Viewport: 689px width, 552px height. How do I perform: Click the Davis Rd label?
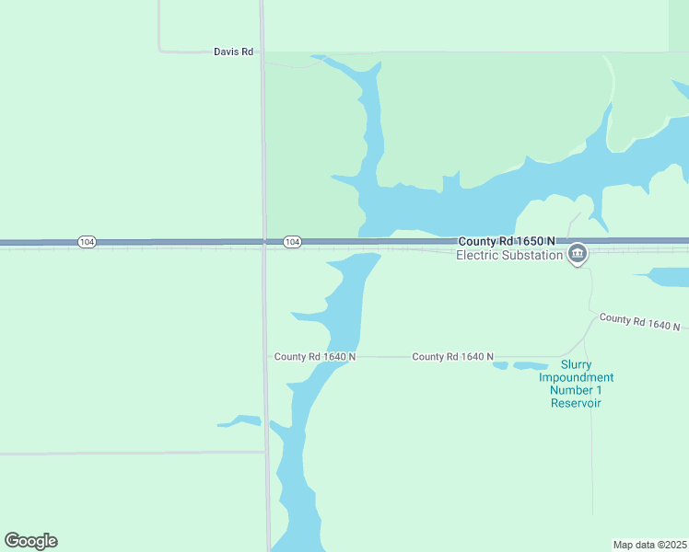233,52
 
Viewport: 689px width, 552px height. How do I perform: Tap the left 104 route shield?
87,242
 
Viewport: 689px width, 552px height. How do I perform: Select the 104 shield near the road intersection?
292,242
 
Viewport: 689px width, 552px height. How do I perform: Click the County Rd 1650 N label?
507,241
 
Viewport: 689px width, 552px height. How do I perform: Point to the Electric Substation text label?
509,255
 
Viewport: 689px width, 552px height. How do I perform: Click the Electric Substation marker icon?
578,253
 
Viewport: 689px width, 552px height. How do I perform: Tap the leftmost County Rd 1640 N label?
315,357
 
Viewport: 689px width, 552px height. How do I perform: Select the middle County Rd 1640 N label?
452,357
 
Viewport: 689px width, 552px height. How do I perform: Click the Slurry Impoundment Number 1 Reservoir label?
576,384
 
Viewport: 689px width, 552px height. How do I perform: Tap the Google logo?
30,541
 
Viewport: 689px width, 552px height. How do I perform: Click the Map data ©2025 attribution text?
649,545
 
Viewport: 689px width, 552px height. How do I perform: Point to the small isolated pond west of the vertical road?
240,422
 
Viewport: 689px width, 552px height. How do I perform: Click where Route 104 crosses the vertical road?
264,242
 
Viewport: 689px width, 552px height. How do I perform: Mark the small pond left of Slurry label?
500,366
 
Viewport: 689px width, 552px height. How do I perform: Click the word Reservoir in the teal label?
576,403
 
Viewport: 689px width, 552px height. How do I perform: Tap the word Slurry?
577,364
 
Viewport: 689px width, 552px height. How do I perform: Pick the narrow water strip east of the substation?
663,276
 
